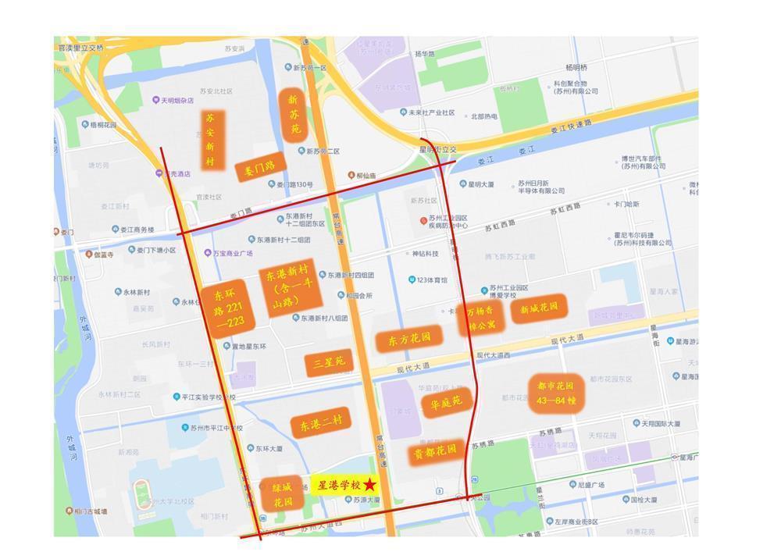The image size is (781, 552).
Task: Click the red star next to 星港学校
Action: pos(369,486)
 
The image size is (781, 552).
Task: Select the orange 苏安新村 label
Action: pos(209,140)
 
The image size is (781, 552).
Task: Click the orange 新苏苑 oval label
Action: pos(293,114)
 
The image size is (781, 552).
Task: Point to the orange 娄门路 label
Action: pos(260,167)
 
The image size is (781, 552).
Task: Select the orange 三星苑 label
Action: pos(328,361)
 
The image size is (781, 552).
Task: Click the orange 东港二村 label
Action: pos(320,423)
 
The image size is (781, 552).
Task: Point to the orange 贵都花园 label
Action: pos(435,452)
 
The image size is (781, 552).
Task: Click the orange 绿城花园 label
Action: pos(281,494)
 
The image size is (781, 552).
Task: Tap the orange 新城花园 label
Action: pos(538,308)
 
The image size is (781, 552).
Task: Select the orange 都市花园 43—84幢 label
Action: pos(556,393)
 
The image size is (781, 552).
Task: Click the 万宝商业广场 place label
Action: pos(233,253)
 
